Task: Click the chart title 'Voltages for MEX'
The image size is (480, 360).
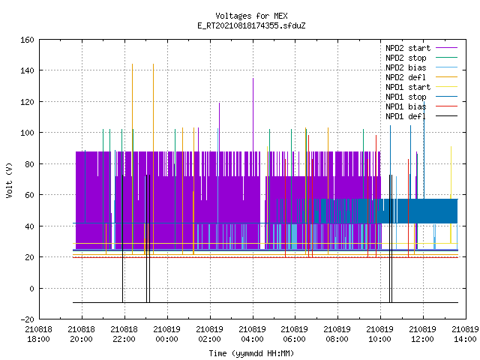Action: point(251,16)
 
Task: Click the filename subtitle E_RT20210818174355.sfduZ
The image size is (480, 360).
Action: point(251,25)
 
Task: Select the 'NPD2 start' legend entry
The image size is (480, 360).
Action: point(408,48)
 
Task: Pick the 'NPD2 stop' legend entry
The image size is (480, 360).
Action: point(406,58)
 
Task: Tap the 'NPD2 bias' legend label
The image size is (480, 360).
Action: point(406,67)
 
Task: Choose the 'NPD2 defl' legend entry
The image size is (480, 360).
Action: point(406,77)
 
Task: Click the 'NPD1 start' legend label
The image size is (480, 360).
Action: point(408,87)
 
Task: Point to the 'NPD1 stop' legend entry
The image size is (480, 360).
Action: point(406,97)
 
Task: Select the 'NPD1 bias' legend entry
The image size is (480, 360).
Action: point(406,106)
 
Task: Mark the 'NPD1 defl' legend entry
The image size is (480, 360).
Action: point(406,117)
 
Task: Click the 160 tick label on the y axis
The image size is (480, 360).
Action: point(27,40)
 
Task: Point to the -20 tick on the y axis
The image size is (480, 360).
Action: point(27,319)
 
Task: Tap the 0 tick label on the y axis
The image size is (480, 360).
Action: point(31,288)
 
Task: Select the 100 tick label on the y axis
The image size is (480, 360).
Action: point(27,133)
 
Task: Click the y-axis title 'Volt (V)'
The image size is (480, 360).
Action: point(9,181)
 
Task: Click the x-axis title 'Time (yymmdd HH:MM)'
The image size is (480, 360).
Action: point(251,353)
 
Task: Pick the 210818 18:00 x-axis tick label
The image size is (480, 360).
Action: point(38,334)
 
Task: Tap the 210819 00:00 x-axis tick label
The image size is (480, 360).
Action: point(166,334)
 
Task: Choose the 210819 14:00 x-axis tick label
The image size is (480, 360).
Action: point(465,334)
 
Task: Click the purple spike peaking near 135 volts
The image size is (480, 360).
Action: point(253,115)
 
